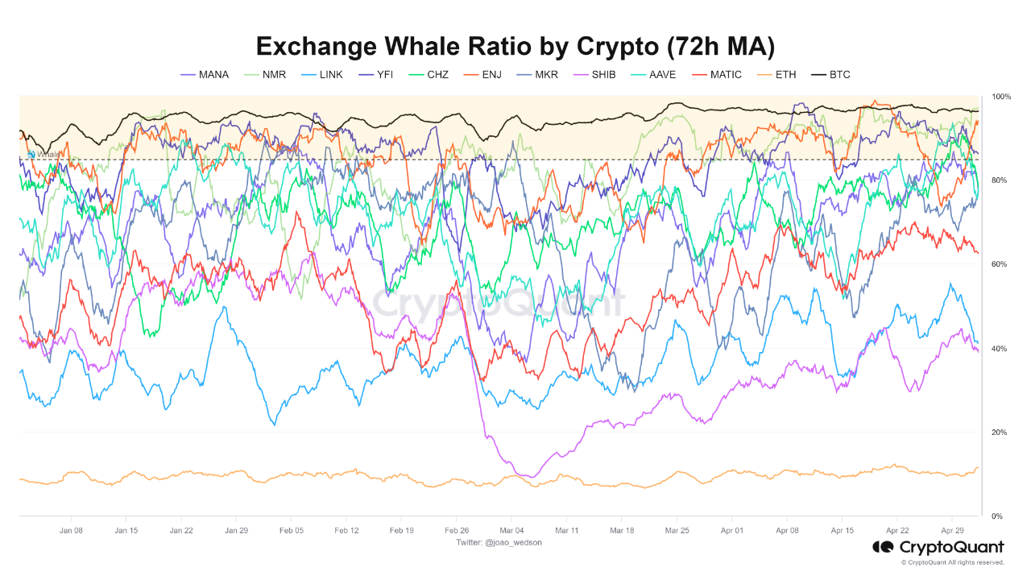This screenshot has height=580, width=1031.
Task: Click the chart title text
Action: (515, 46)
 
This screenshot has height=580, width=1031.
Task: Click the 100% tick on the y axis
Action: (1001, 97)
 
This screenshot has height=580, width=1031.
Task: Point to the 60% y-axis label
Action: (1000, 264)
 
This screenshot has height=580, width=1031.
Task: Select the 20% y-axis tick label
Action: (1000, 433)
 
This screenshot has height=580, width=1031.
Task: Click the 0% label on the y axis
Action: (997, 516)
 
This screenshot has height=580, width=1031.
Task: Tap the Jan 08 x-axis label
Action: (71, 531)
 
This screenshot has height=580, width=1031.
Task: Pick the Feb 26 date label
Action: (456, 531)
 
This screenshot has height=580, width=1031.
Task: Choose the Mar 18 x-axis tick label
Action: (622, 531)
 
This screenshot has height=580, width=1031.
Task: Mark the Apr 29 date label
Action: (952, 531)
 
